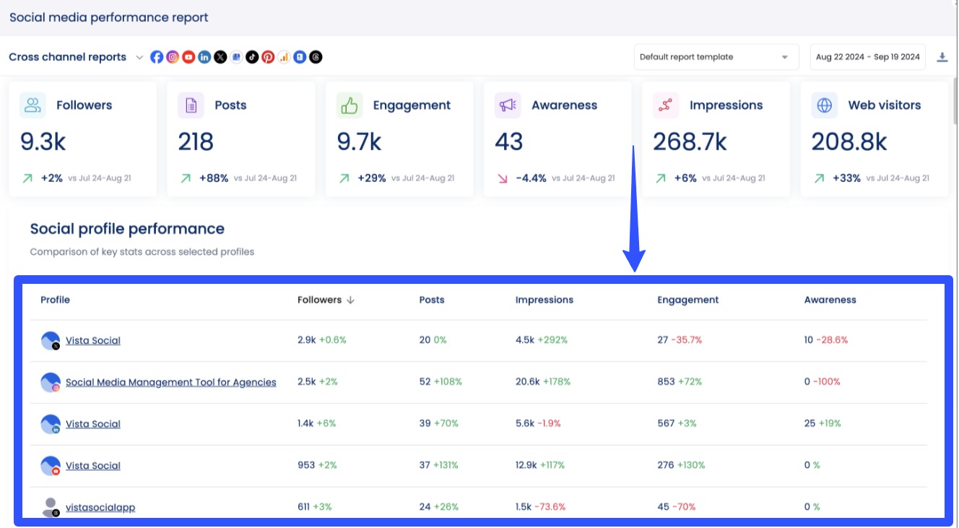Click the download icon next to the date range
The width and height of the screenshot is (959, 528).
click(942, 57)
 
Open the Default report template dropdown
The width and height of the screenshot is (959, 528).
click(716, 57)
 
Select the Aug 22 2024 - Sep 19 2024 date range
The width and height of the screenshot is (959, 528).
click(867, 57)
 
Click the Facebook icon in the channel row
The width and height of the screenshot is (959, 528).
click(157, 57)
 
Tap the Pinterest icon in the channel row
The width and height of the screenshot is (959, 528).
click(268, 57)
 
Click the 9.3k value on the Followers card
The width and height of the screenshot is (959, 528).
click(43, 142)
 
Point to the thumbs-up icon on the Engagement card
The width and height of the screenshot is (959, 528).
click(350, 105)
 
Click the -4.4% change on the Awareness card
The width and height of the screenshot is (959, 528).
click(531, 178)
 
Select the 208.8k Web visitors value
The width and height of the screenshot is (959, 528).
click(849, 142)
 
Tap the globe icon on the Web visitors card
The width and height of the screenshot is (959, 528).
click(824, 105)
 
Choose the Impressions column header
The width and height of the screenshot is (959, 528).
click(544, 300)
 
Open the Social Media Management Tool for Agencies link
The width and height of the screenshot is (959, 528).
click(170, 382)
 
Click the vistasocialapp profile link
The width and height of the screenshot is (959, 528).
click(100, 507)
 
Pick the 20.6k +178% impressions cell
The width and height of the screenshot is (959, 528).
click(542, 381)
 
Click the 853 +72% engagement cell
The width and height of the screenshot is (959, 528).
click(679, 381)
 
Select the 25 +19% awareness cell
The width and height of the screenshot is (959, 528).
click(822, 423)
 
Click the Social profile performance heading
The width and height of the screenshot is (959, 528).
click(127, 229)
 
